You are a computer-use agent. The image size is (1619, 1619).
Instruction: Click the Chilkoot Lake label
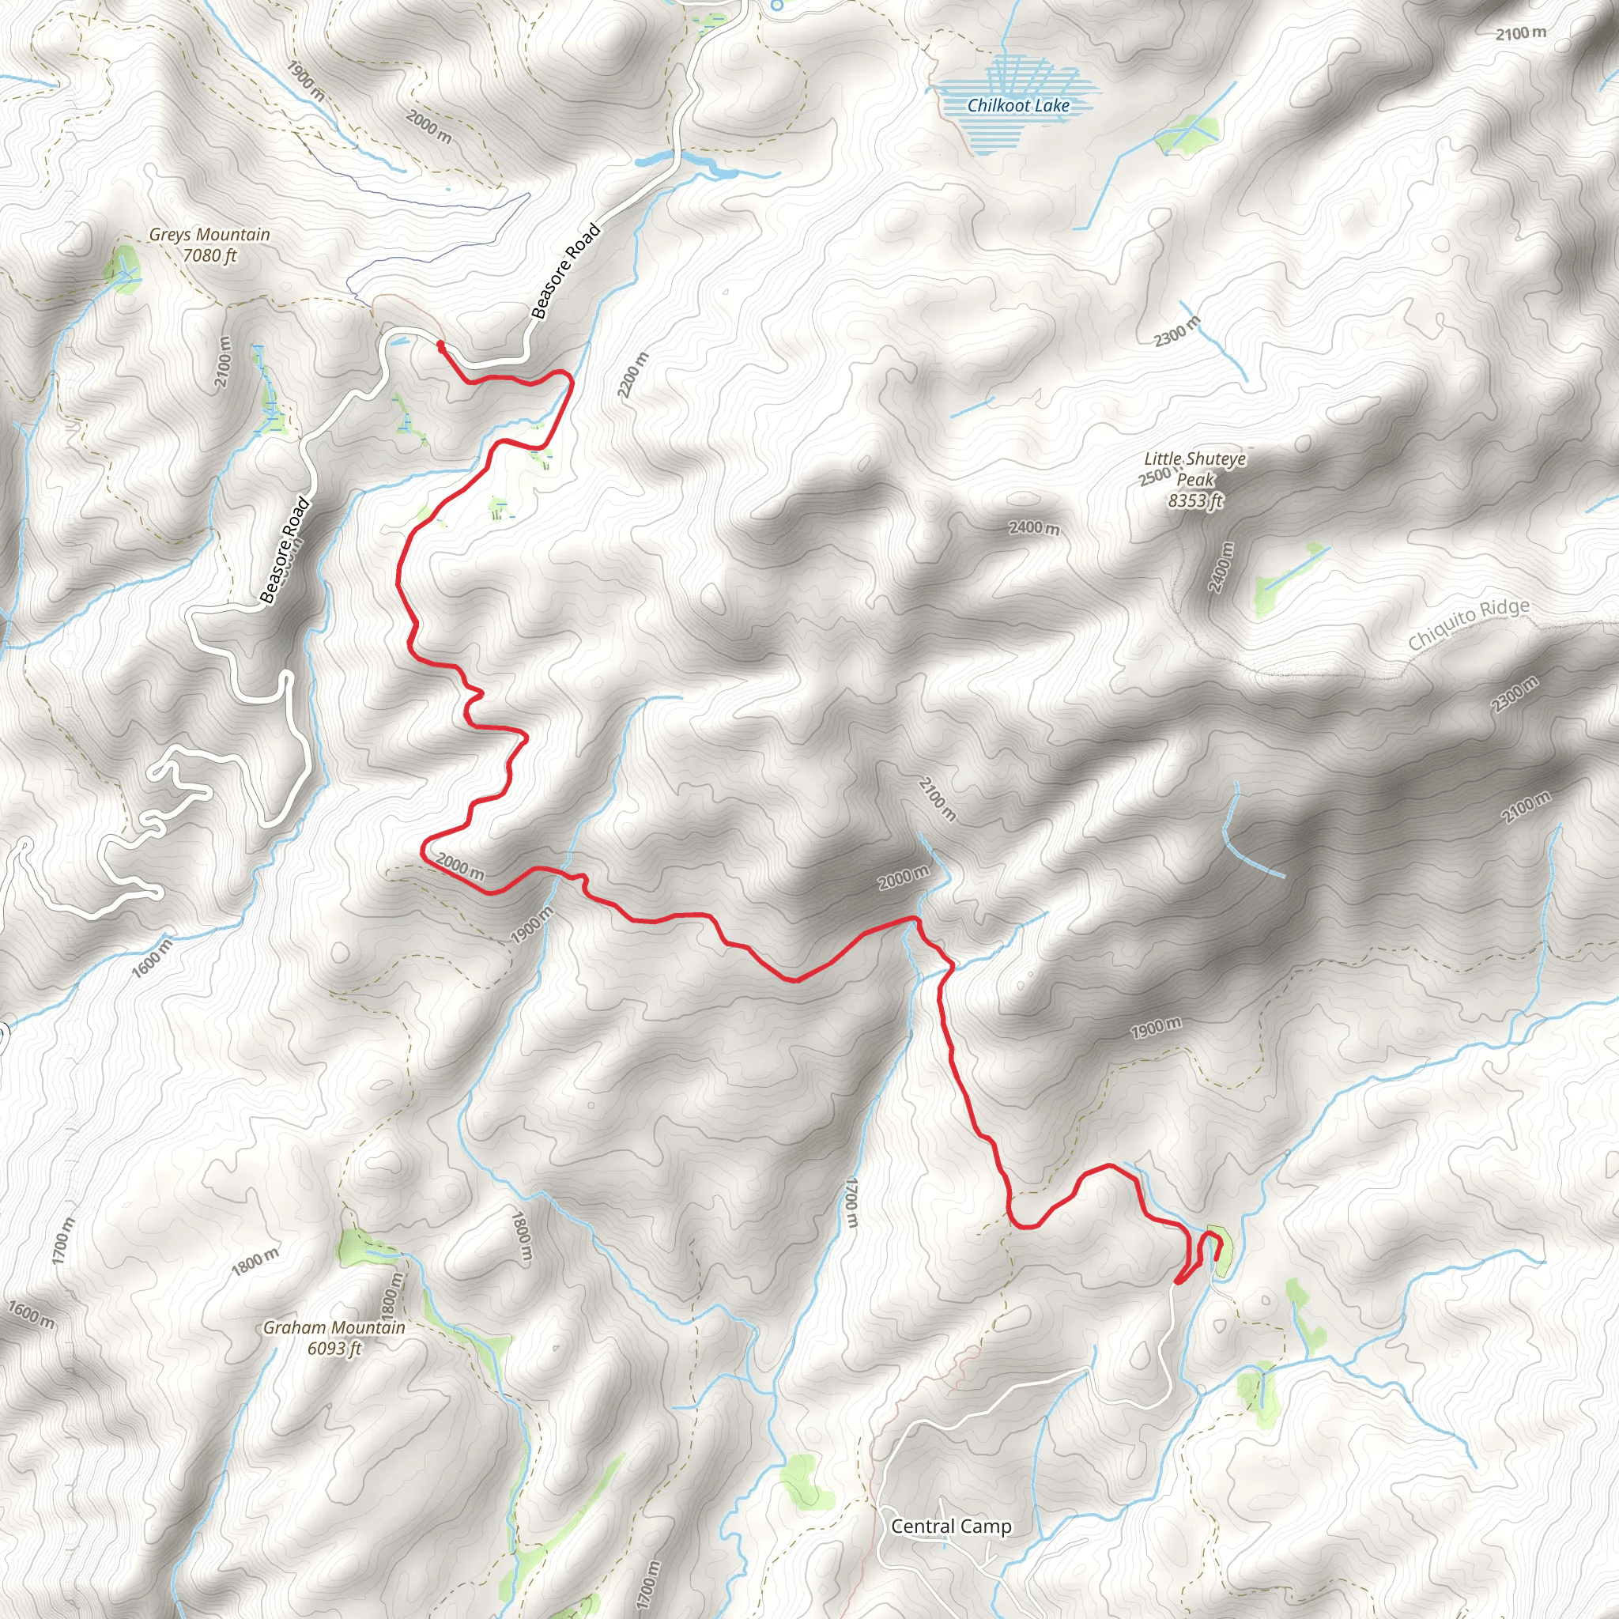tap(1017, 106)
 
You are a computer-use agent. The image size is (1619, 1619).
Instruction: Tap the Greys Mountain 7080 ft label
tap(209, 245)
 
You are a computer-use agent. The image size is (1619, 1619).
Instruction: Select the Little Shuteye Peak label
tap(1195, 479)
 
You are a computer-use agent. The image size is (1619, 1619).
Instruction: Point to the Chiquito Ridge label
tap(1468, 624)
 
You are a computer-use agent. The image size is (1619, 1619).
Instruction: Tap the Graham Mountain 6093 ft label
tap(334, 1338)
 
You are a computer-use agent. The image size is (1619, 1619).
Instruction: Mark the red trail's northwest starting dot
tap(440, 343)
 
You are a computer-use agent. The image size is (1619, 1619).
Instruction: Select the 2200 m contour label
tap(632, 375)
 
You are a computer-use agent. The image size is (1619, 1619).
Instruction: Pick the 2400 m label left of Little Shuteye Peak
tap(1033, 528)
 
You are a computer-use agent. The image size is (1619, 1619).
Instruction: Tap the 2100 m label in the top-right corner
tap(1521, 33)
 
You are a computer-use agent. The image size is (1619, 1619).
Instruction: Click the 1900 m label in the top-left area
tap(306, 81)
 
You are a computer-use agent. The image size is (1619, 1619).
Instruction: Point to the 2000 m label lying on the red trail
tap(460, 866)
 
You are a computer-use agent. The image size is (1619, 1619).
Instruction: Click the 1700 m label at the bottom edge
tap(647, 1583)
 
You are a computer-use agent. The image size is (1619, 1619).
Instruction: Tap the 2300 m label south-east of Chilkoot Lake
tap(1176, 332)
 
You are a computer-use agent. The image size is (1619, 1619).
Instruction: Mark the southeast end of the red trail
tap(1216, 1257)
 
